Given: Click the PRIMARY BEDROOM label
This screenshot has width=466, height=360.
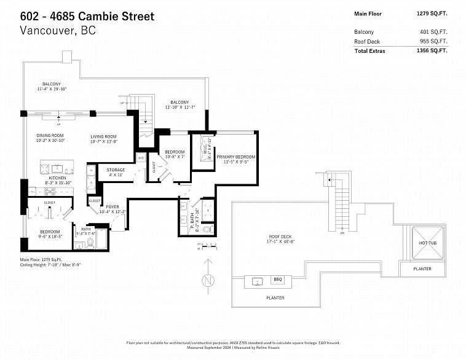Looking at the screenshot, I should coord(235,157).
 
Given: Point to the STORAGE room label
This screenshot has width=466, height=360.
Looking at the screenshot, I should coord(116,170).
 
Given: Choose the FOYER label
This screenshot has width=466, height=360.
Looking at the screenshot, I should coord(113,206).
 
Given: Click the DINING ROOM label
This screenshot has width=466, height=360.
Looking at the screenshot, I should coord(49,136).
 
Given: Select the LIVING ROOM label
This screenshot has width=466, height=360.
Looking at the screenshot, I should coord(103,136).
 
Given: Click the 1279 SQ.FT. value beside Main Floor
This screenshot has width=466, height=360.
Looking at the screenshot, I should coord(432,13).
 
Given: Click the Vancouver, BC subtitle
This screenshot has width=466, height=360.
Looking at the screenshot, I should coord(58,30).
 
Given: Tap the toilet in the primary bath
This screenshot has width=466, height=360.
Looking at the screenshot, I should coord(207,229).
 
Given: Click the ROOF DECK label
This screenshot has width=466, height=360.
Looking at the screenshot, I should coord(280,237).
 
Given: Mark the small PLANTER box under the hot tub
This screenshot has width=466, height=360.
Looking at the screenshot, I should coord(422,268).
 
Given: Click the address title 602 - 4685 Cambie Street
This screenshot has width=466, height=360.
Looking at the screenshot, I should coord(87,15).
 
